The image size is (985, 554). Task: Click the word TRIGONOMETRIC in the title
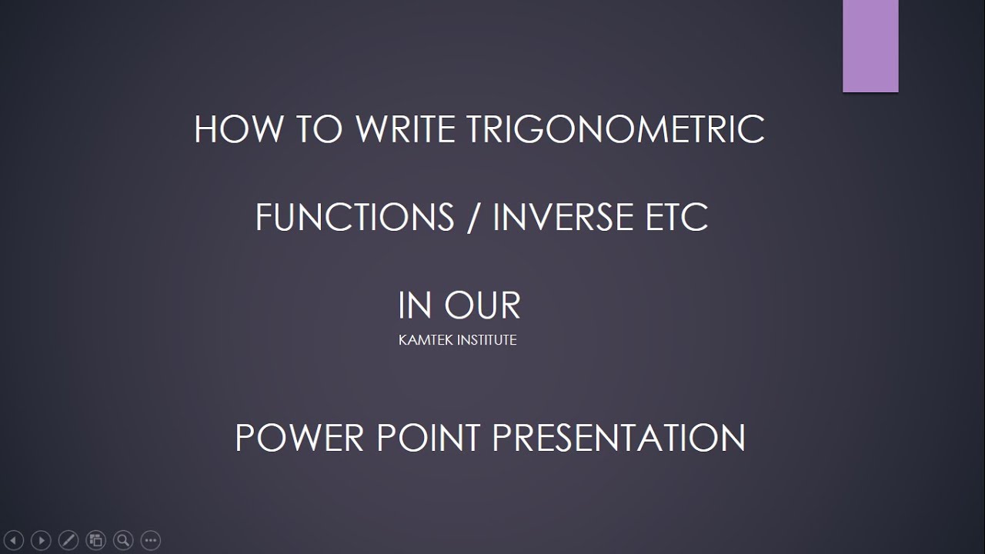coord(616,129)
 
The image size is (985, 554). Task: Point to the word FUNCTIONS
coord(355,218)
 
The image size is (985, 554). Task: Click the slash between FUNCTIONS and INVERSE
coord(473,218)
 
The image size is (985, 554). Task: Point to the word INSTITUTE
coord(487,339)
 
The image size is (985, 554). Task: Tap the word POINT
coord(427,438)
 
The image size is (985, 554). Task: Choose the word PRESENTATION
coord(618,438)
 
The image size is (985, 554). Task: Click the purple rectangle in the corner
coord(870,46)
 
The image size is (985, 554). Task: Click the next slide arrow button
coord(42,540)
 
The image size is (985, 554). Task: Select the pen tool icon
coord(68,540)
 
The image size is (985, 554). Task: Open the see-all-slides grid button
coord(96,540)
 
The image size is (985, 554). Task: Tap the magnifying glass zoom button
coord(123,540)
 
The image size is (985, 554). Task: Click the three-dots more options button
coord(151,540)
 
